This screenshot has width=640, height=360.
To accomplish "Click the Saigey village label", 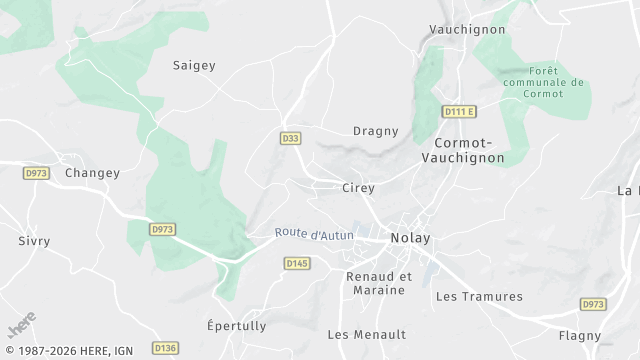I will pos(194,65).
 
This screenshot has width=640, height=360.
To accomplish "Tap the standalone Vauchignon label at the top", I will pos(467,30).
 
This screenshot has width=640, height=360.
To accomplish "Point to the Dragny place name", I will pos(376,131).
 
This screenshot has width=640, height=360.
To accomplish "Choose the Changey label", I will pos(92,173).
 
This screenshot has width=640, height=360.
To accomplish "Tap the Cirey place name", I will pos(358,188).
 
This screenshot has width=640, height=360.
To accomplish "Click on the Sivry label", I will pos(34,241).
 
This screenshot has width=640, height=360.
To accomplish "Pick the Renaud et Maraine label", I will pos(379,283).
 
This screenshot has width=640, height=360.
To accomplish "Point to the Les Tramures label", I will pos(479,296).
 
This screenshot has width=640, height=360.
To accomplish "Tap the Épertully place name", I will pos(236,326).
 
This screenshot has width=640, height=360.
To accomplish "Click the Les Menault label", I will pos(366,334).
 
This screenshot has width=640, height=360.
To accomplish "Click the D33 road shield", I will pos(289,136).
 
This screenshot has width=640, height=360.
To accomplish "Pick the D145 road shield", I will pos(297,263).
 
